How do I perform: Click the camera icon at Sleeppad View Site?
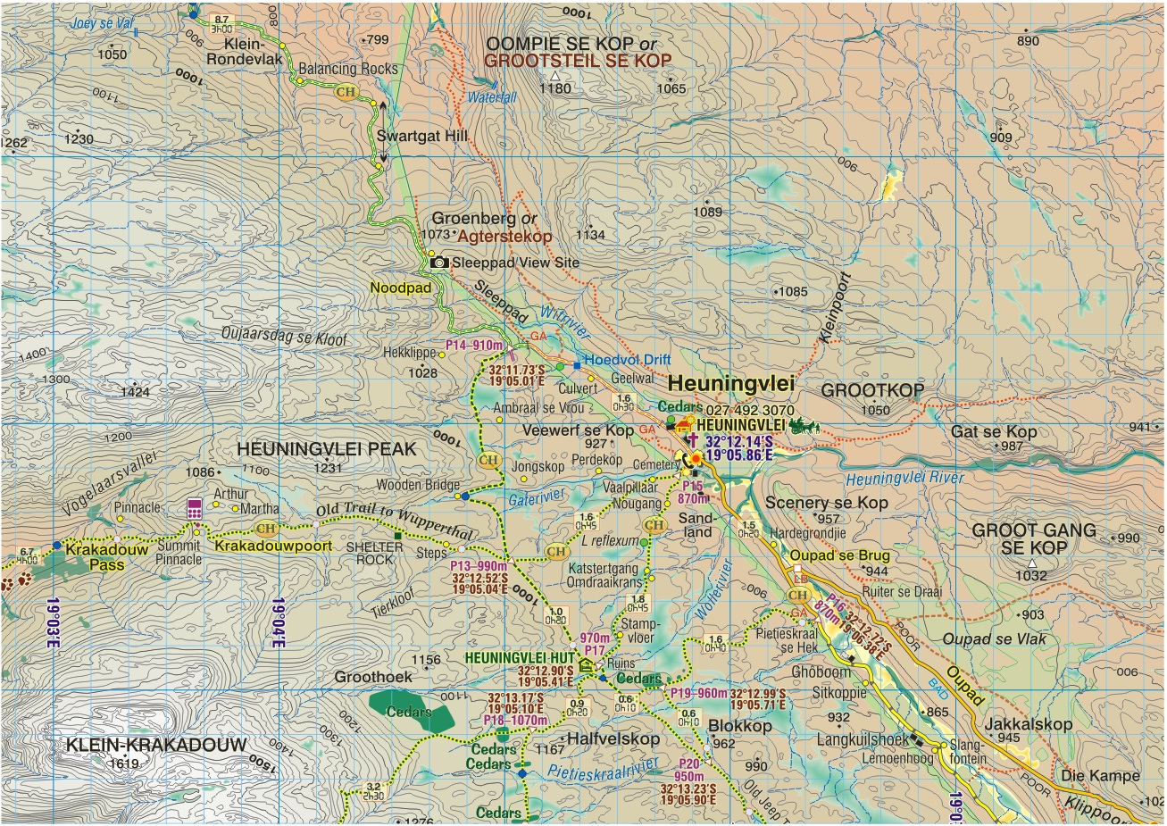coord(439,263)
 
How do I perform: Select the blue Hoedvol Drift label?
coord(627,360)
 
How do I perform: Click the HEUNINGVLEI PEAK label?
coord(327,449)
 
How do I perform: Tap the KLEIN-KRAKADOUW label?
coord(156,745)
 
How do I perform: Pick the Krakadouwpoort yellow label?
coord(273,546)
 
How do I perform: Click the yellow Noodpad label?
coord(400,288)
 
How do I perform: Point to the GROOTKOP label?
coord(872,390)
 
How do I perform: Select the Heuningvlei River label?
coord(904,479)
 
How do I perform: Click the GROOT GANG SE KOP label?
coord(1033,538)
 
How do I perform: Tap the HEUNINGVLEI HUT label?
coord(518,657)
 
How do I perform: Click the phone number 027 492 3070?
coord(750,411)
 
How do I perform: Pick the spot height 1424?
coord(135,392)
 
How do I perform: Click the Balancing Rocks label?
coord(348,69)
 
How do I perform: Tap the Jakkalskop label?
coord(1028,724)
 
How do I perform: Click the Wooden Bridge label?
coord(417,485)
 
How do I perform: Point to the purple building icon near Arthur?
coord(194,509)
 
